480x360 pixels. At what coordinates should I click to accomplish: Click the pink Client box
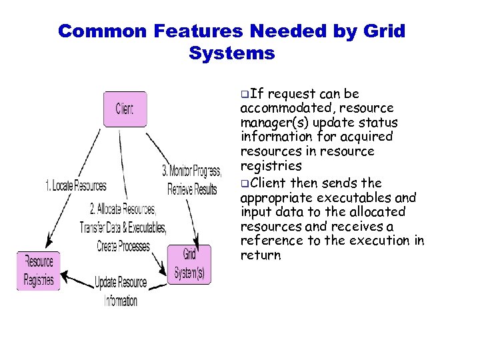click(x=125, y=109)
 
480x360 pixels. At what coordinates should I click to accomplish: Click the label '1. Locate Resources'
click(x=75, y=185)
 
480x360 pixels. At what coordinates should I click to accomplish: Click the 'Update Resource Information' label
click(x=121, y=291)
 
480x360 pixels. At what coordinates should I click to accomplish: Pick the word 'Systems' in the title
click(x=231, y=53)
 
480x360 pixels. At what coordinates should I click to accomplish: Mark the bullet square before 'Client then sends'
click(x=245, y=183)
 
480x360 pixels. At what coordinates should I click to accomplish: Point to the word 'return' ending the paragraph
click(x=261, y=255)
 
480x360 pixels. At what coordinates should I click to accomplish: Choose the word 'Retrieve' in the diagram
click(x=181, y=189)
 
